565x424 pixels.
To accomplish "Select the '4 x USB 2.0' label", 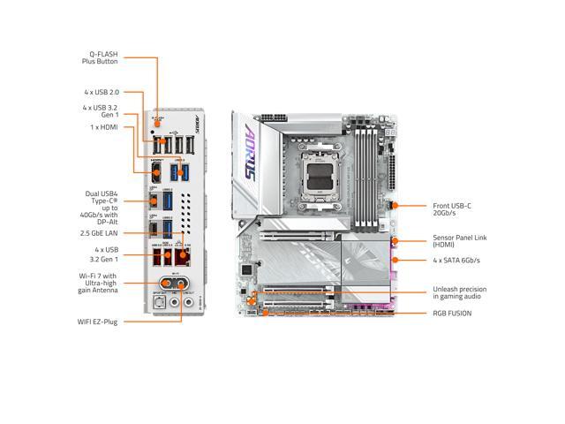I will [x=102, y=92].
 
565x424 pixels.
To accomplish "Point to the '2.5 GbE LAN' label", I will [x=98, y=233].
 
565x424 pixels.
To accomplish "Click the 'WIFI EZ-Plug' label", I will [x=97, y=322].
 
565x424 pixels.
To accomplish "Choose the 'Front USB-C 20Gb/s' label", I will [x=451, y=209].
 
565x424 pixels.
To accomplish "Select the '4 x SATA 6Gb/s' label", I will [x=456, y=260].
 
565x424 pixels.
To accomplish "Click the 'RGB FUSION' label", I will [x=452, y=313].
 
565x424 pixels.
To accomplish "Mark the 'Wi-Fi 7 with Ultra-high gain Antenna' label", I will [x=98, y=283].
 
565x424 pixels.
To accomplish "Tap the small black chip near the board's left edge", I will [x=248, y=268].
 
